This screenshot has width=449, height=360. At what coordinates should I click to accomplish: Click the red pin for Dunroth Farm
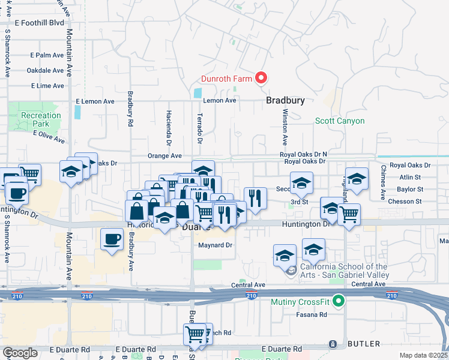point(261,77)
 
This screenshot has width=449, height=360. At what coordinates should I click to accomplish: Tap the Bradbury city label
point(285,101)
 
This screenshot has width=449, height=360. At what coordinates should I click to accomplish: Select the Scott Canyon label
point(340,121)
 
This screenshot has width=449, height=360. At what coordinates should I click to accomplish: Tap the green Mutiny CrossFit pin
point(339,301)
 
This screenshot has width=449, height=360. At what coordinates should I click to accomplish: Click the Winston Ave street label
point(285,127)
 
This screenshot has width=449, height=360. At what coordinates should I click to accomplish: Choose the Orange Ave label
point(164,155)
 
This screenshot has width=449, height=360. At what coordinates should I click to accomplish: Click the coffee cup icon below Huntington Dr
point(112,239)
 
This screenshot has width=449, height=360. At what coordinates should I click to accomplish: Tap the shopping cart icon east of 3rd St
point(349,214)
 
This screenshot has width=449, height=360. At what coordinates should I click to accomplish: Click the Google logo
point(20,353)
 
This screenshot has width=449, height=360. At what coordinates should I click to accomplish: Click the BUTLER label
point(363,344)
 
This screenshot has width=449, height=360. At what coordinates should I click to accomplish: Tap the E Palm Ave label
point(47,55)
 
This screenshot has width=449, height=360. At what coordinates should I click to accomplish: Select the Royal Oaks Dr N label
point(303,154)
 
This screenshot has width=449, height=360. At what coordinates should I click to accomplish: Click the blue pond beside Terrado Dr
point(198,94)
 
